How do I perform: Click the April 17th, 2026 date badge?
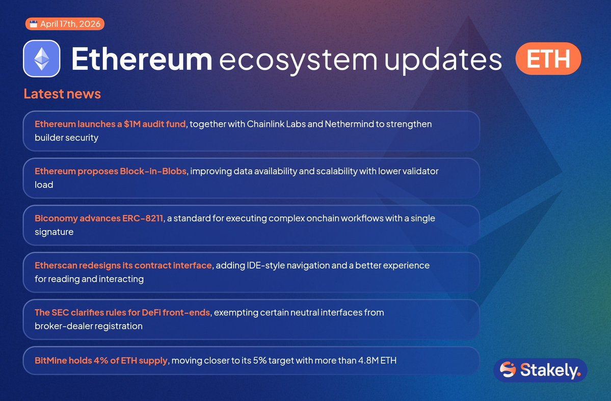65,24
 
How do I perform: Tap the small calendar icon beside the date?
34,24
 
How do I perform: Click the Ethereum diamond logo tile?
42,59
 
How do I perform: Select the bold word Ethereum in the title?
142,59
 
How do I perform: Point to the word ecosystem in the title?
299,61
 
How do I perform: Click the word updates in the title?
443,60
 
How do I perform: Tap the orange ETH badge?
548,59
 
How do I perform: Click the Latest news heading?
62,94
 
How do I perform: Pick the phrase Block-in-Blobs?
153,171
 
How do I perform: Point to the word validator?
419,171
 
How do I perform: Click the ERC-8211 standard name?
143,218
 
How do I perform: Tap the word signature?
54,232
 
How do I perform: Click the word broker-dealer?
63,326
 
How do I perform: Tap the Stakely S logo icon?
508,370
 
